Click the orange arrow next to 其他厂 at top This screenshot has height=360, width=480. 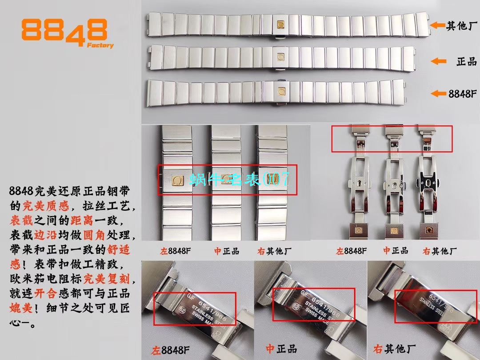pos(438,25)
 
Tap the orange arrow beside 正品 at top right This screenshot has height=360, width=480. pos(438,61)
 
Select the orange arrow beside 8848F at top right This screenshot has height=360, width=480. pos(438,93)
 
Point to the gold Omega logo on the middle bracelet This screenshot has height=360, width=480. pos(281,57)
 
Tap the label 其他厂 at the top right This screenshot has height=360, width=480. pos(462,26)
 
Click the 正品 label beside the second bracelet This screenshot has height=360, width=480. pos(466,61)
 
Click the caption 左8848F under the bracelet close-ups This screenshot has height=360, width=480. pos(175,251)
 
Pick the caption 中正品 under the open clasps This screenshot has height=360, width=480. pos(396,251)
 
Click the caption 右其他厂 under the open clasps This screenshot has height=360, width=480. pos(438,251)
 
